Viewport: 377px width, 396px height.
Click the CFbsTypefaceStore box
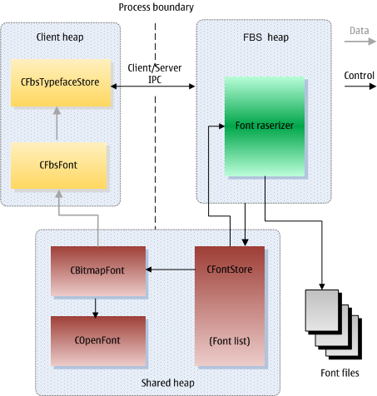click(61, 82)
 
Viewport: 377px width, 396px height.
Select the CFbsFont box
click(58, 166)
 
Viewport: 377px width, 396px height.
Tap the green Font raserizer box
click(265, 126)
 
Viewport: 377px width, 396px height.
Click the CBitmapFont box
click(98, 271)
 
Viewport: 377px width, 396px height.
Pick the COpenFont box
click(98, 341)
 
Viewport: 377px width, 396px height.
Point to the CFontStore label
click(230, 270)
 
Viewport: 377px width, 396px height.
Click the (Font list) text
click(230, 341)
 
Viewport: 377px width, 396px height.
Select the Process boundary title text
click(156, 7)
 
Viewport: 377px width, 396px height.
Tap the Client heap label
click(60, 37)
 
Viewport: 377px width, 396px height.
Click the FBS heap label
click(265, 37)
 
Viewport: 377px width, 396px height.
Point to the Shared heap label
click(167, 383)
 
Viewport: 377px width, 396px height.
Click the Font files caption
click(340, 373)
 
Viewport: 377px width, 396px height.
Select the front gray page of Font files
click(322, 310)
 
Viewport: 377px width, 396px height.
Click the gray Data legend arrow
click(360, 42)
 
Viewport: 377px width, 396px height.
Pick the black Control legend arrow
click(360, 87)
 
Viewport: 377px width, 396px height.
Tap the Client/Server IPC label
click(155, 74)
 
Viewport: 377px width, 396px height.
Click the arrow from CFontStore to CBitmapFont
click(171, 270)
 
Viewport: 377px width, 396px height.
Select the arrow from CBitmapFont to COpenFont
click(96, 308)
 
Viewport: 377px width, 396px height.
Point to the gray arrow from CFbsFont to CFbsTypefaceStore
click(57, 123)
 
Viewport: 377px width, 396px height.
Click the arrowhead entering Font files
click(322, 286)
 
